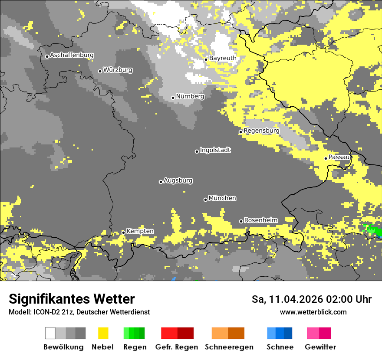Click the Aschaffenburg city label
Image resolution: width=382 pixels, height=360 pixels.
pos(72,56)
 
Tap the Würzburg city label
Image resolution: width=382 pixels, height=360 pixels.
pos(118,70)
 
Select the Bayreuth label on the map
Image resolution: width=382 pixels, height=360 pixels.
pos(223,58)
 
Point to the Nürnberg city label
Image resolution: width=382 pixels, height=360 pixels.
pos(190,96)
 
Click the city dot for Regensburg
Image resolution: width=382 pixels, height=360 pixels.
pos(240,132)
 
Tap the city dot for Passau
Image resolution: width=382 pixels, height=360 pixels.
pos(326,158)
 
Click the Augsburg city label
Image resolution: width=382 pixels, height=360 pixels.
pos(178,180)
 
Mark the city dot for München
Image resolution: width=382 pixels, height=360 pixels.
pos(205,200)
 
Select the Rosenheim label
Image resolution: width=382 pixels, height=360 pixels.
pos(260,220)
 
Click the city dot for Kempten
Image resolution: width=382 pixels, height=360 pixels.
pos(123,232)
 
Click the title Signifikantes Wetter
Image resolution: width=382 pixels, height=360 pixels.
pos(72,299)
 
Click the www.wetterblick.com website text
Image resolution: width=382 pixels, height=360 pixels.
pos(313,312)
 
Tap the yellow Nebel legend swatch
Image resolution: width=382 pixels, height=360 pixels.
pos(103,333)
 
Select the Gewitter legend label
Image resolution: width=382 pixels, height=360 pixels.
pos(320,347)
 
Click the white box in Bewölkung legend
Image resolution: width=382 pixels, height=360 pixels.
pos(50,333)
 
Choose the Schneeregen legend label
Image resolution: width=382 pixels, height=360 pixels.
pos(229,347)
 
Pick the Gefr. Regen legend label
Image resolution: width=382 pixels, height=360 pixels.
pos(176,347)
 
